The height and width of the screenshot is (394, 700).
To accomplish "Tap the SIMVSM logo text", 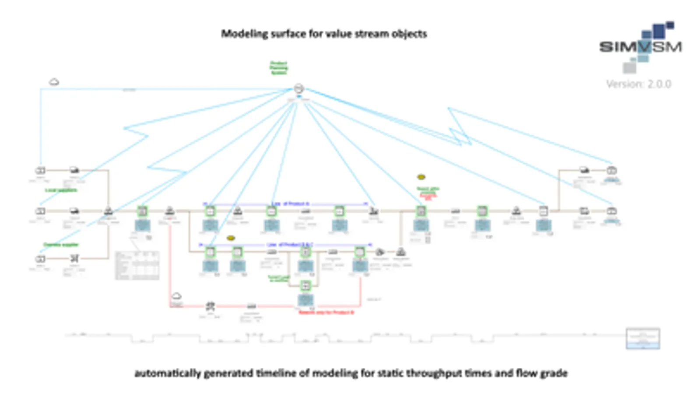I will (640, 47).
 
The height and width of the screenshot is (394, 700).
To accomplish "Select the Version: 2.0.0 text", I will (638, 84).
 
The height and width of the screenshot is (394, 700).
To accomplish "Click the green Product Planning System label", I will (278, 68).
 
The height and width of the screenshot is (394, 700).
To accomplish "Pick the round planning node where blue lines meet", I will (299, 88).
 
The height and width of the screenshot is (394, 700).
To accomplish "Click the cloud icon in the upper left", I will (54, 82).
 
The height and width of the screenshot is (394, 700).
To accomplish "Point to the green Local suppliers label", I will (61, 190).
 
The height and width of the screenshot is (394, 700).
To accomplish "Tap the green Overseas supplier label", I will (60, 244).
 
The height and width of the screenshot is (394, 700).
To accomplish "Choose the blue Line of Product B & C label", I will (290, 244).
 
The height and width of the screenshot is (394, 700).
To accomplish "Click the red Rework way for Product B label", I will (326, 313).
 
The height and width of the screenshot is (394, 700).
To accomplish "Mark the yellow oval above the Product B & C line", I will (231, 238).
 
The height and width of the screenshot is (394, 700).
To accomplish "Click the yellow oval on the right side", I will (421, 177).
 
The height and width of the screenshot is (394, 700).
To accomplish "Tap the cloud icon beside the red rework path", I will (176, 296).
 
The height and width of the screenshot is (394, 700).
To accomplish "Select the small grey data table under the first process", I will (137, 265).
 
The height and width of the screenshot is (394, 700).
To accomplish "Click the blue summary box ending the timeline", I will (643, 338).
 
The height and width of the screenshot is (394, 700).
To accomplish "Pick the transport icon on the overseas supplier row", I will (74, 258).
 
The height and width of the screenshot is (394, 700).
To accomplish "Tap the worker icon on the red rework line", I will (211, 306).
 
